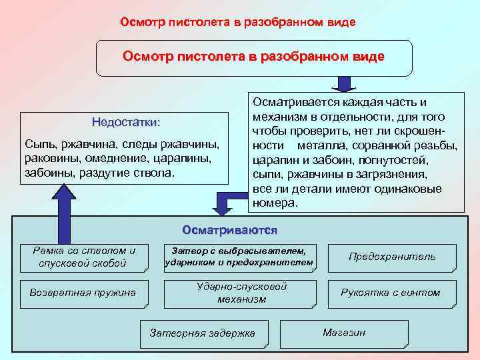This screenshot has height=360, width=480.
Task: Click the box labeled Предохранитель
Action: coord(392,257)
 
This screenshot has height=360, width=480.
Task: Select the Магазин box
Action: coord(343,333)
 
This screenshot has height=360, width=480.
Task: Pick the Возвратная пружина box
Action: coord(83,293)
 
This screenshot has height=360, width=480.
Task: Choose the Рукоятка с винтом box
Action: coord(391,293)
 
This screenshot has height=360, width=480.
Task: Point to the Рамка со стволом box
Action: coord(84,257)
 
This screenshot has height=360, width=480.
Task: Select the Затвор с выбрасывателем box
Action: coord(239,257)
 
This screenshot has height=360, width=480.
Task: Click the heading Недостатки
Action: coord(126,123)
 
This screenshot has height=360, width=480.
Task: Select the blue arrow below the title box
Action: coord(343,83)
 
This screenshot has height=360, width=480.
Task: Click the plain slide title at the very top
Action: coord(238,22)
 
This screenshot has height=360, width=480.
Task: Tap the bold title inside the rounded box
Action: coord(253,57)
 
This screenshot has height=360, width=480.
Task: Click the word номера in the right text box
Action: coord(275,203)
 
